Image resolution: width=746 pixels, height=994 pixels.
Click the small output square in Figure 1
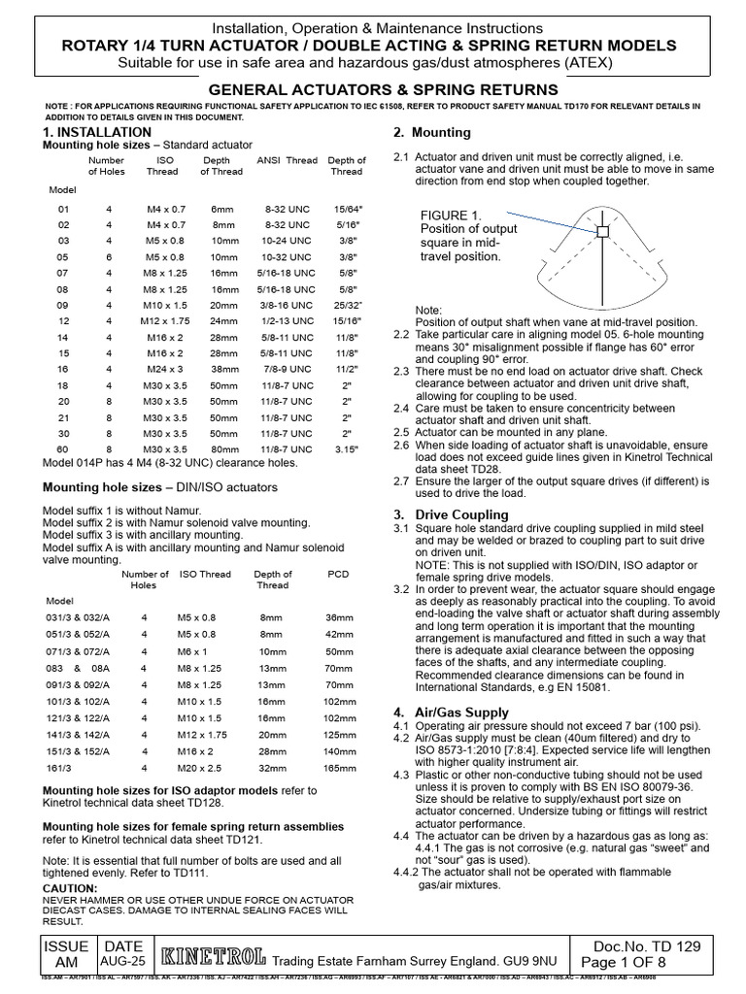click(x=602, y=232)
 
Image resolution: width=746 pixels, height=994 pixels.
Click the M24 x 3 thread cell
click(x=162, y=370)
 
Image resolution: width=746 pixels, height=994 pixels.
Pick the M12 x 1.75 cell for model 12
click(x=162, y=320)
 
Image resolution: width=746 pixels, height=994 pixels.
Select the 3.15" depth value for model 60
click(x=347, y=449)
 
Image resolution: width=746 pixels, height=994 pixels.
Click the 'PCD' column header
click(x=338, y=575)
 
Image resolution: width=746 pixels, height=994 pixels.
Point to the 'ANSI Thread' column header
click(x=287, y=160)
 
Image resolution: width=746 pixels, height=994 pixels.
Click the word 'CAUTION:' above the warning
click(x=71, y=888)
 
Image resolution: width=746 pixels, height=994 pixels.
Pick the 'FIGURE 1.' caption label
click(x=450, y=215)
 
